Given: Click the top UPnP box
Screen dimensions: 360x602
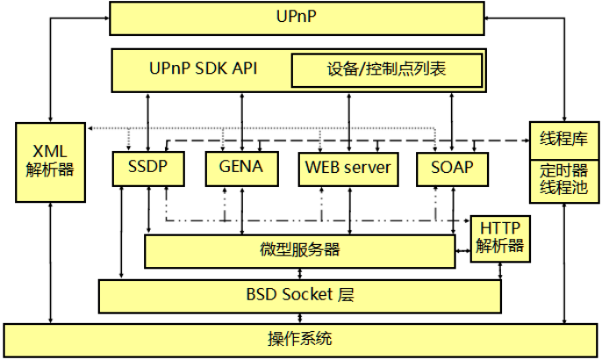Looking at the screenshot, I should click(x=297, y=18).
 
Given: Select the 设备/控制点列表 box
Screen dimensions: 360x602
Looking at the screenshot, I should click(x=387, y=69).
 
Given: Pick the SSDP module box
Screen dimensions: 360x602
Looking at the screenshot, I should click(x=142, y=168).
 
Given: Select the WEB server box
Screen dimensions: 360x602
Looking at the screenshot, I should click(x=348, y=168).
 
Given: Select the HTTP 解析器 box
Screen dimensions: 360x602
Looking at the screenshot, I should click(x=500, y=237).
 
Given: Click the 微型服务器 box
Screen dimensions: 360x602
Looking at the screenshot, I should click(x=297, y=250).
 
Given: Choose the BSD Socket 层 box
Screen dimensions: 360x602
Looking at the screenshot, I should click(x=297, y=294).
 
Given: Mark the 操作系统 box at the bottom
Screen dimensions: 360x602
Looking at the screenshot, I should click(x=299, y=337).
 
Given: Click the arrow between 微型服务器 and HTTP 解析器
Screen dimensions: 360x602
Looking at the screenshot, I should click(x=462, y=252).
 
